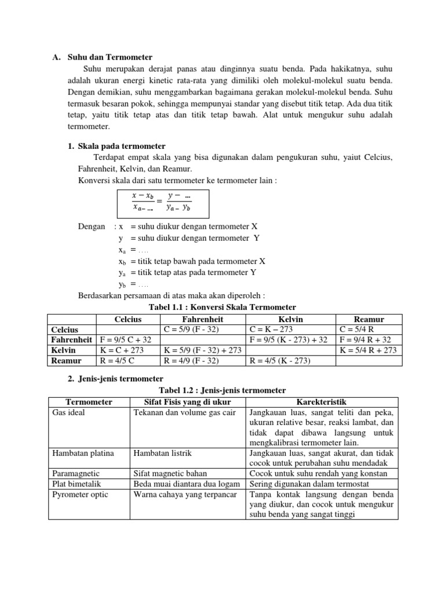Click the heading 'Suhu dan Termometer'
pos(110,57)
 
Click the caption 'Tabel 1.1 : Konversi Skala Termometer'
pos(222,307)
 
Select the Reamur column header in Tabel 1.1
pos(369,319)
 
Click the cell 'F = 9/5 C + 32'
pos(126,339)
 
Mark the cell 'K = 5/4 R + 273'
pos(368,350)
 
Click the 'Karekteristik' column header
pos(322,401)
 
